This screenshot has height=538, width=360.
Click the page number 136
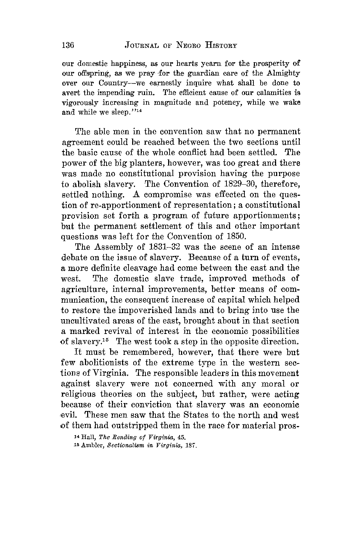(x=68, y=45)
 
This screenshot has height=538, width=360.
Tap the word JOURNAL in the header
(x=141, y=46)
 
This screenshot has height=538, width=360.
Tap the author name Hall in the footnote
(x=84, y=437)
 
